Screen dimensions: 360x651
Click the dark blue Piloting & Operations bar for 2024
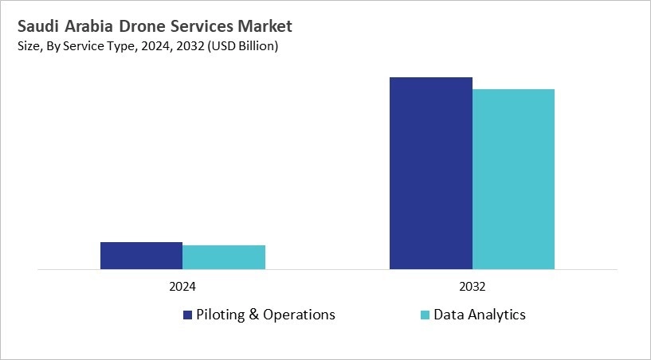(x=141, y=256)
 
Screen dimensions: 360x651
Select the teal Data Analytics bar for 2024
(x=224, y=257)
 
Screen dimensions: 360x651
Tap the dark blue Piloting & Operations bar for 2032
(x=430, y=173)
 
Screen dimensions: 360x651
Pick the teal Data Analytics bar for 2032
(x=513, y=179)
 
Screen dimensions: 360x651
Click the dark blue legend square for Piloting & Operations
(x=188, y=315)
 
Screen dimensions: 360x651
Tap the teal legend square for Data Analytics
(x=425, y=315)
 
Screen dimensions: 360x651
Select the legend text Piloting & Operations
(x=266, y=315)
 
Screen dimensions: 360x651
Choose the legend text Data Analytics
(x=479, y=315)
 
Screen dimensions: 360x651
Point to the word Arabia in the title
(x=92, y=27)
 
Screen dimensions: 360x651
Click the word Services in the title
(x=207, y=27)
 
